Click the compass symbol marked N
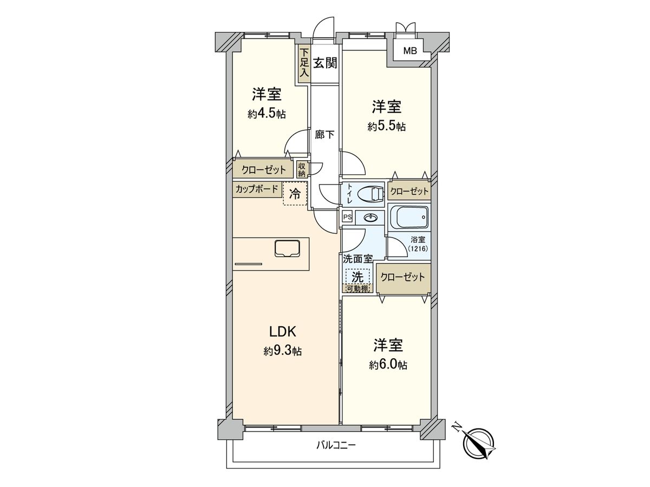[x=479, y=443]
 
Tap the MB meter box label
[x=409, y=51]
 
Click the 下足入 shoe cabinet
[x=304, y=64]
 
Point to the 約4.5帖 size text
[x=266, y=114]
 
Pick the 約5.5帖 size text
[x=386, y=127]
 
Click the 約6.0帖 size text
[x=388, y=365]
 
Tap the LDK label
[x=282, y=331]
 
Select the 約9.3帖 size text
[x=282, y=352]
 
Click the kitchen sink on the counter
[x=288, y=248]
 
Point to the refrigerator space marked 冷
[x=295, y=194]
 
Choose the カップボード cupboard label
[x=257, y=189]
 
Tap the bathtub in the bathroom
[x=409, y=218]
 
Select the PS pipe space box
[x=347, y=217]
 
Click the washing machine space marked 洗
[x=357, y=276]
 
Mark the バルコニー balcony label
[x=336, y=446]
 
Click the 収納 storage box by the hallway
[x=302, y=169]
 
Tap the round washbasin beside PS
[x=371, y=218]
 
